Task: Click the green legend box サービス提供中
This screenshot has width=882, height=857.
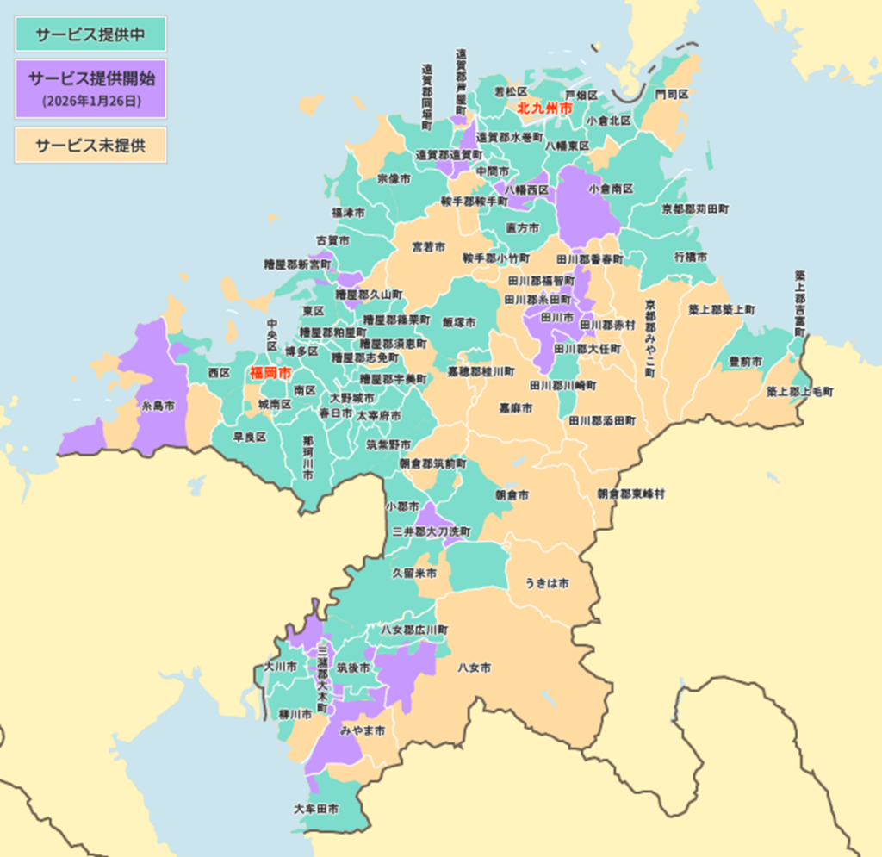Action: (x=90, y=34)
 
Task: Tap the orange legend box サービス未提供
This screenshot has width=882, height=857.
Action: (x=90, y=145)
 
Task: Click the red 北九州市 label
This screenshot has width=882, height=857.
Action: (x=544, y=109)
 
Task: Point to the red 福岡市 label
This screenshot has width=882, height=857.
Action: (x=270, y=374)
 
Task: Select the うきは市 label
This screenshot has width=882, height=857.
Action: (x=547, y=583)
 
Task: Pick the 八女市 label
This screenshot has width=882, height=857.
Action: (x=474, y=668)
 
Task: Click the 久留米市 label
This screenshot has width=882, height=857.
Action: (x=414, y=573)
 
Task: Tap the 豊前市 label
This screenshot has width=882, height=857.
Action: (x=745, y=363)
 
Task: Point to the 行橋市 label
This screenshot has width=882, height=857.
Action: (x=691, y=257)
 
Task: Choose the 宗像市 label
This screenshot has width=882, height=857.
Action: (x=394, y=179)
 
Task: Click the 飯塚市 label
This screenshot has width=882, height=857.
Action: (x=459, y=321)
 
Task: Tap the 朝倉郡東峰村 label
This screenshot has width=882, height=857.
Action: (x=631, y=494)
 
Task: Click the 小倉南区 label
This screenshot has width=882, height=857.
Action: (x=611, y=188)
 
